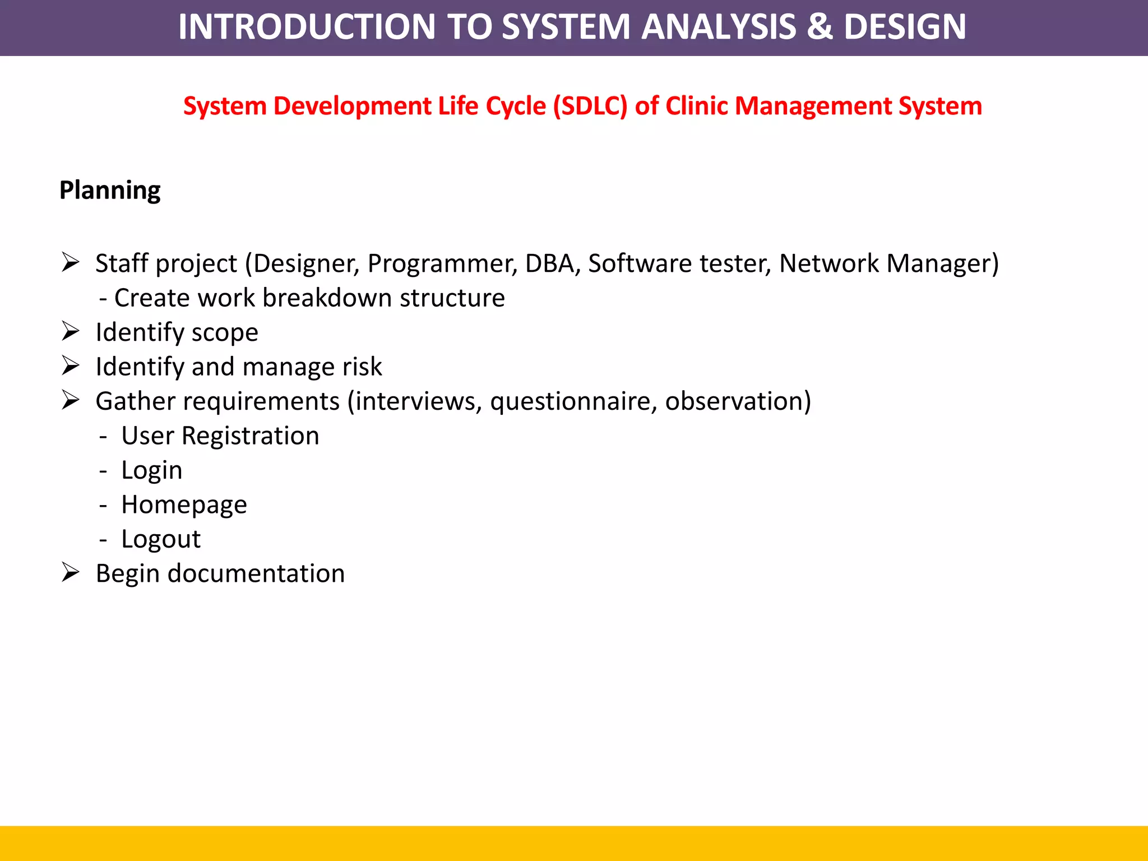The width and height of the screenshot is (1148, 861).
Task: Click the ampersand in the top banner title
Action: (820, 27)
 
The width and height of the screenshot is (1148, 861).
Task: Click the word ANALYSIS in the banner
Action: (718, 27)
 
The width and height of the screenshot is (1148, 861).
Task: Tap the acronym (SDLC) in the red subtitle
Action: (590, 107)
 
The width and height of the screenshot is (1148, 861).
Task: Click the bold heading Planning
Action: (110, 191)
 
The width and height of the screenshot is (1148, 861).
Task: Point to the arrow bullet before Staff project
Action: (71, 262)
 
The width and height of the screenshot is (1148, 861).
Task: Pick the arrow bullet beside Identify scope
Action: (71, 331)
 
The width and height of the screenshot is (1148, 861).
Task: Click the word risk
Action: (362, 367)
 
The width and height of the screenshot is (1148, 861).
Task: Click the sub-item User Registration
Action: (220, 436)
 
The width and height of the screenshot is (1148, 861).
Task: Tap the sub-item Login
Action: (151, 470)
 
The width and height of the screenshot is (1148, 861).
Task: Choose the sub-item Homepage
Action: (184, 505)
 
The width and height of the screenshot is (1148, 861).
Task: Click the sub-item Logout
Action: (161, 539)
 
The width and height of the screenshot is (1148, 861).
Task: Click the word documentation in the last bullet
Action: (256, 574)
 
